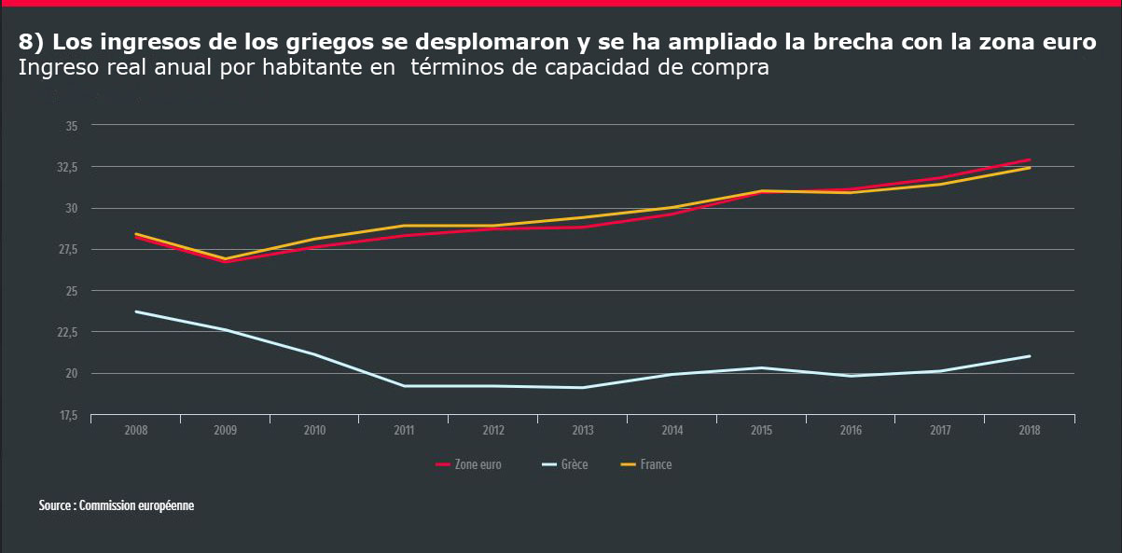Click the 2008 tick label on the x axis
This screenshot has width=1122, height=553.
click(135, 431)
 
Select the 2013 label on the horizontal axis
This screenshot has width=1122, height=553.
click(582, 431)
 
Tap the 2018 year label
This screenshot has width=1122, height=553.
click(1029, 431)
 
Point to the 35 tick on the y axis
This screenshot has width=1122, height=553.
click(72, 125)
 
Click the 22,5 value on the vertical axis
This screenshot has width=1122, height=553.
click(67, 332)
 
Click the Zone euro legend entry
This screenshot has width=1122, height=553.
click(477, 464)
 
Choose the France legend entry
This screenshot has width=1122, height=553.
click(655, 464)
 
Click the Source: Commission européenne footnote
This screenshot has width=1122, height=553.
click(117, 505)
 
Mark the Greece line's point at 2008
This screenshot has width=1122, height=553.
click(136, 311)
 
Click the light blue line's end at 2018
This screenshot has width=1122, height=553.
click(1030, 356)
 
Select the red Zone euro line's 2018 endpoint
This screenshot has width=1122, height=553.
click(1030, 159)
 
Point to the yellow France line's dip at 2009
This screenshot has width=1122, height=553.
click(225, 258)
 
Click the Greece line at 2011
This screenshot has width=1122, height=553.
click(404, 386)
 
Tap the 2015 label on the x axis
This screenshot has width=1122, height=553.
click(761, 431)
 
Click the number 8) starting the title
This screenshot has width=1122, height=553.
click(32, 43)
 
